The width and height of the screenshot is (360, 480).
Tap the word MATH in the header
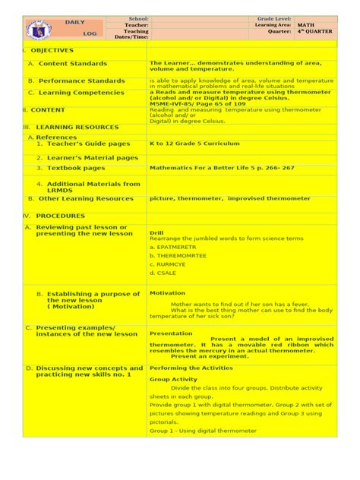305,25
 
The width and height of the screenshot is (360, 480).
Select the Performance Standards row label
77,81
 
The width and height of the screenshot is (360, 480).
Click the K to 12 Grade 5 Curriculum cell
194,143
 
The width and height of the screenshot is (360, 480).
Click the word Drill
156,232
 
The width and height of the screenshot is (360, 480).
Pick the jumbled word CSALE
162,272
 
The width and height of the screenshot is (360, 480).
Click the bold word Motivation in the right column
167,292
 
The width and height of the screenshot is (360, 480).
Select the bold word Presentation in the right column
171,333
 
